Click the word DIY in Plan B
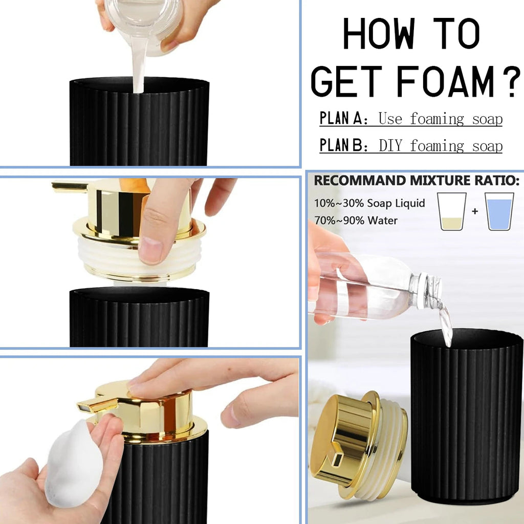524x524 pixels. (392, 146)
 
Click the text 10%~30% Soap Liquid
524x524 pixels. (369, 203)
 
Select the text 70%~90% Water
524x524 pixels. (356, 221)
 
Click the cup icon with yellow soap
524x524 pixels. (451, 211)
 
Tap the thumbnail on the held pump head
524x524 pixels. (150, 250)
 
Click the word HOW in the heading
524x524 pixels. (374, 35)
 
